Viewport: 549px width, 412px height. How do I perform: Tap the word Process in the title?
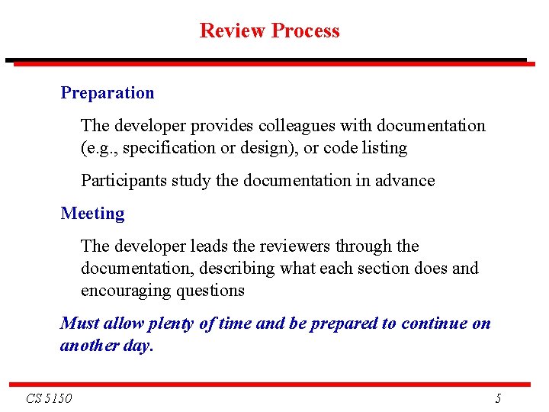tap(305, 31)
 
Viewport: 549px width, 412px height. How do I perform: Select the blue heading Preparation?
tap(108, 93)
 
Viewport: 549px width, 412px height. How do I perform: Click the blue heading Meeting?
tap(92, 214)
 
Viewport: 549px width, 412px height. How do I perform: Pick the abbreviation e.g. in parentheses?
tap(99, 148)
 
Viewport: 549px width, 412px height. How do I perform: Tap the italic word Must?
tap(79, 323)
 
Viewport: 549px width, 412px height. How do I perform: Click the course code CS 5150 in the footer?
tap(49, 398)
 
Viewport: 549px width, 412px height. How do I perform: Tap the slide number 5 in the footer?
tap(498, 398)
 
